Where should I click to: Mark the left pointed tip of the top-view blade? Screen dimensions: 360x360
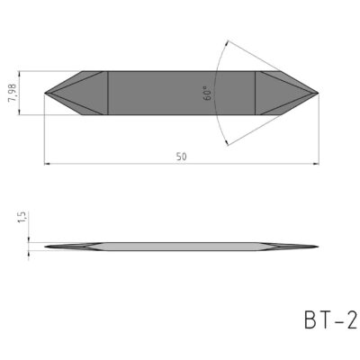pos(45,92)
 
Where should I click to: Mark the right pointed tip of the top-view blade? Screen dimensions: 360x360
pos(318,92)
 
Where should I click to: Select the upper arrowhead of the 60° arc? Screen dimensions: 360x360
pos(223,45)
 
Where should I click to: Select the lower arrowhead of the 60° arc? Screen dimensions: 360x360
pos(223,139)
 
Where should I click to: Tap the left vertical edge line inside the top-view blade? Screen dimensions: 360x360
pos(108,92)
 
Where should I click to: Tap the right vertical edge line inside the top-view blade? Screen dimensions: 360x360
pos(256,92)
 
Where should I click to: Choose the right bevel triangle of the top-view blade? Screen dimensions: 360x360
pos(274,92)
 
